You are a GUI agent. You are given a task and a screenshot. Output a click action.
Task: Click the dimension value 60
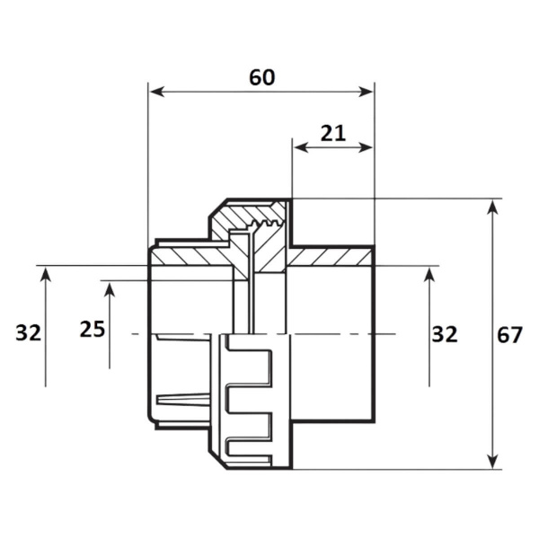(x=262, y=77)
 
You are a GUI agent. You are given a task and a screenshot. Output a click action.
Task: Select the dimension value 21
(x=332, y=133)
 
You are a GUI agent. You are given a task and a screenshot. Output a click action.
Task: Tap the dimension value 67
(x=509, y=334)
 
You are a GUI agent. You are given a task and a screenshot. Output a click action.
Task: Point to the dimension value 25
(x=93, y=329)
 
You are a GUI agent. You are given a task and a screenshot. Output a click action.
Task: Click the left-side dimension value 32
(x=28, y=333)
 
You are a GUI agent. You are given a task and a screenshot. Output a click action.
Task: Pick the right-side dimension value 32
(x=445, y=334)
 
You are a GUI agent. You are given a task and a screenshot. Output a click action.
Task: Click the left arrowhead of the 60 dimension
(x=156, y=92)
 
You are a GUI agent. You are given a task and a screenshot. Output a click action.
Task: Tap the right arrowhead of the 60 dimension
(x=366, y=92)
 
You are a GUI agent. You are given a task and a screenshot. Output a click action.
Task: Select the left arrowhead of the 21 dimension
(x=301, y=148)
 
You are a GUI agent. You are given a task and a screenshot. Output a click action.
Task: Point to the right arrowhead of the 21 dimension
(x=366, y=148)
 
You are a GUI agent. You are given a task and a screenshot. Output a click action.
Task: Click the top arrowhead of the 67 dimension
(x=493, y=208)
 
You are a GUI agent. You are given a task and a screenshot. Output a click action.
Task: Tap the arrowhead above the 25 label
(x=110, y=289)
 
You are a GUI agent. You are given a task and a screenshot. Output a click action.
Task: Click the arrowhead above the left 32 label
(x=46, y=275)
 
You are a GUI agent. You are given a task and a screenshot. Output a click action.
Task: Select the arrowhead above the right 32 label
(x=429, y=275)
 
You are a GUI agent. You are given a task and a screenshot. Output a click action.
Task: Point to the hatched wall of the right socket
(x=330, y=257)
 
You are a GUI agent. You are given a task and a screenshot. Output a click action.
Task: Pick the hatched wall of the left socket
(x=190, y=257)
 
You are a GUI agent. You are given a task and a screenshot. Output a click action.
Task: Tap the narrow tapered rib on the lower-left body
(x=183, y=400)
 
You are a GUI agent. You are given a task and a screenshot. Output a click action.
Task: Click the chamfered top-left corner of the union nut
(x=218, y=208)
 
